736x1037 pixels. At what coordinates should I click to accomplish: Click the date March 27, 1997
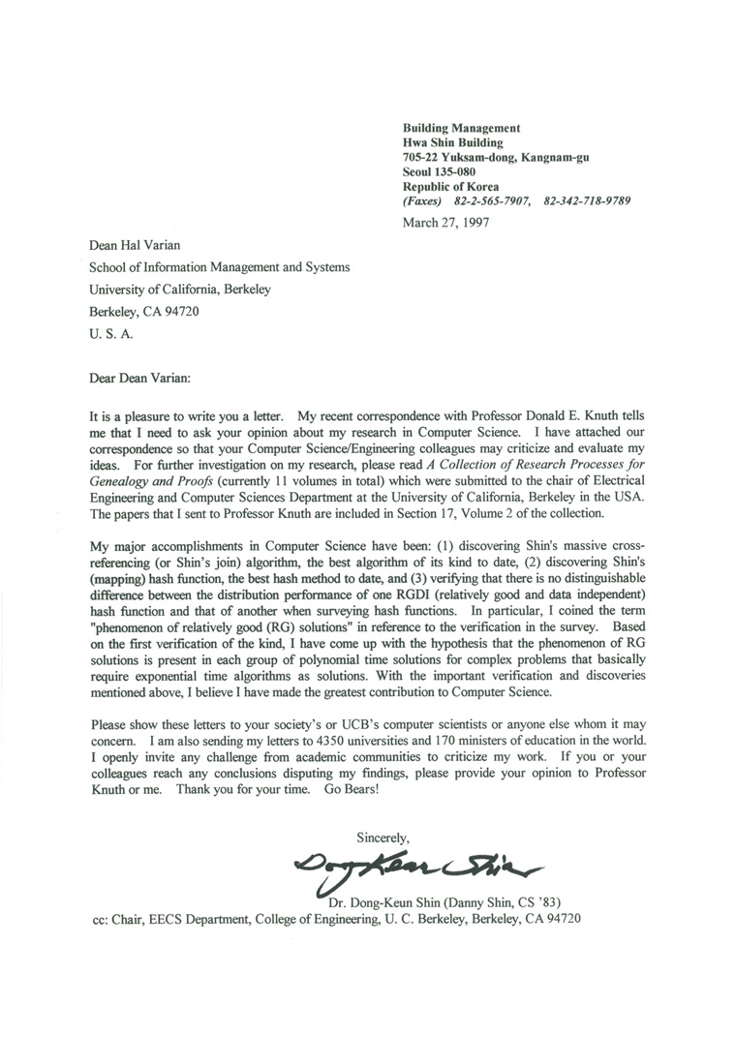[x=445, y=222]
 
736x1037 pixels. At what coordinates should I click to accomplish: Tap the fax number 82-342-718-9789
[x=588, y=200]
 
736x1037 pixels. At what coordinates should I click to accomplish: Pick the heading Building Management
[x=461, y=128]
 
